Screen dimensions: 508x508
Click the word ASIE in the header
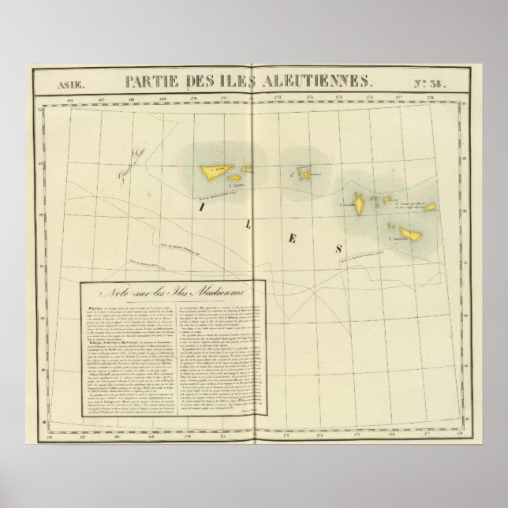(x=70, y=81)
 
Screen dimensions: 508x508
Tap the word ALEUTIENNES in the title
(x=319, y=80)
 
